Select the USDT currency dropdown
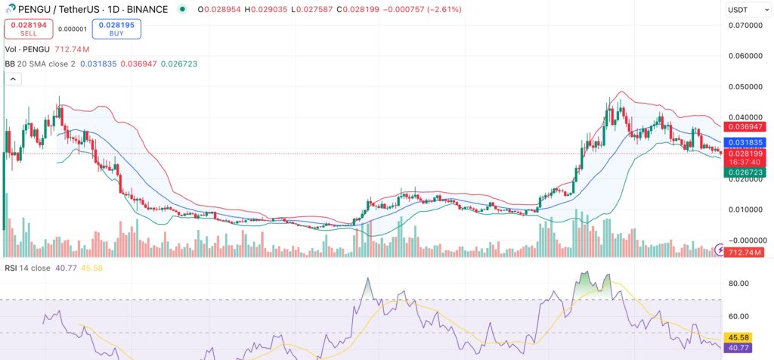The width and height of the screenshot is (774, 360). point(741,10)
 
